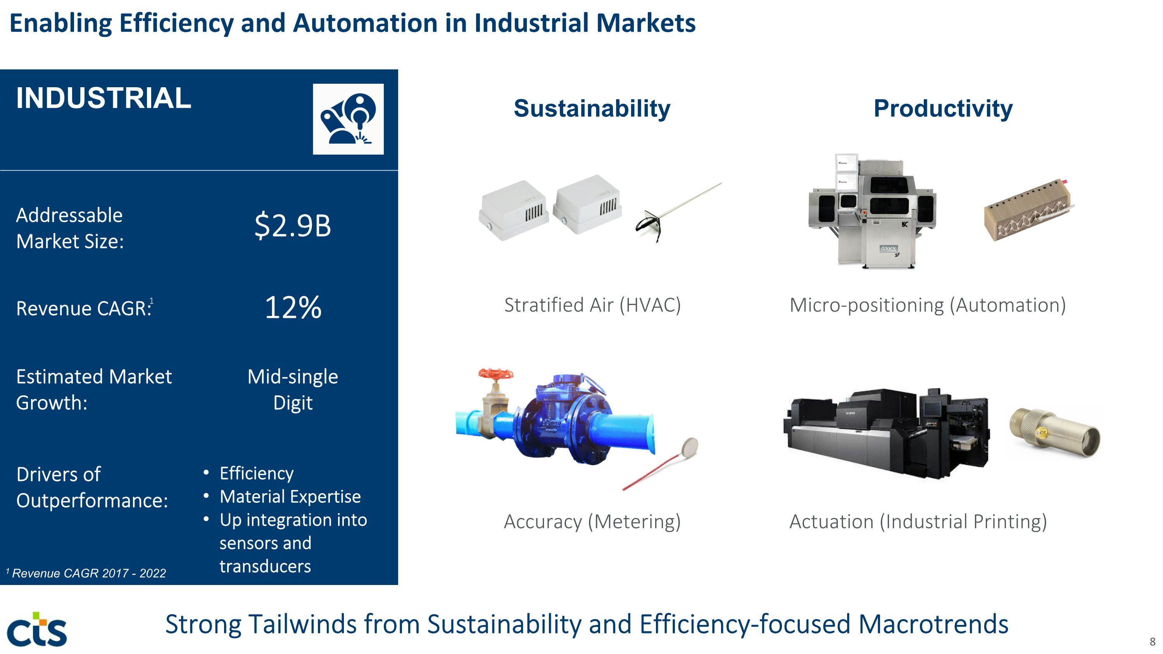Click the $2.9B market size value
tap(293, 226)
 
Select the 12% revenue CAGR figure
tap(293, 307)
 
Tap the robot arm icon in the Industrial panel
tap(348, 119)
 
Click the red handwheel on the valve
tap(496, 374)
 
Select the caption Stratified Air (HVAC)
tap(592, 305)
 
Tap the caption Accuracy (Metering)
tap(592, 522)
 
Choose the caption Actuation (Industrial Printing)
tap(918, 522)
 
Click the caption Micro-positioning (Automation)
tap(928, 305)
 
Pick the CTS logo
tap(37, 629)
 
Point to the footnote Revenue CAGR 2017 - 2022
tap(86, 573)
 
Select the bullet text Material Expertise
tap(290, 497)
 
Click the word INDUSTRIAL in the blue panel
tap(104, 98)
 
